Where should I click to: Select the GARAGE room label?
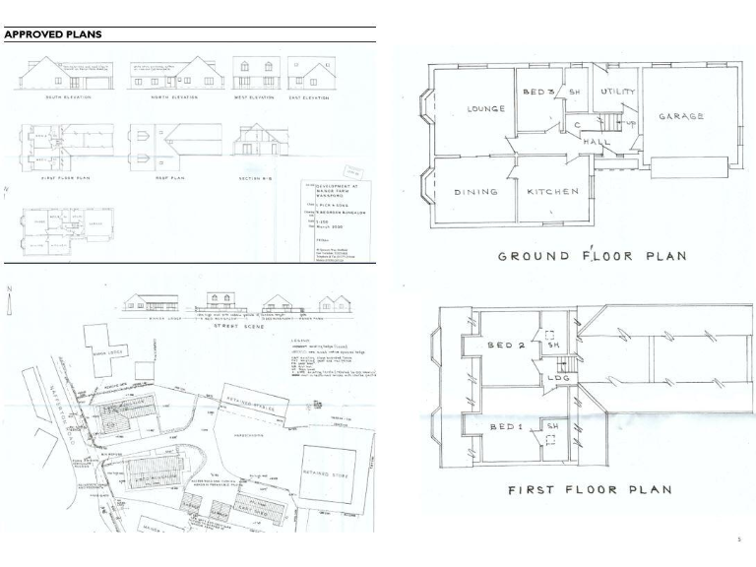pos(681,116)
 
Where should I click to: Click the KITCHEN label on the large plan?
pos(551,192)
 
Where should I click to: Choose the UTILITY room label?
pos(619,91)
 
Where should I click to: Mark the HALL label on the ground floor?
pos(597,143)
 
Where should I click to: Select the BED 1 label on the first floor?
pos(508,425)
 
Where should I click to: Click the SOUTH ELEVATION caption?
pos(62,97)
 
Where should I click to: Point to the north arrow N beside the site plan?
pos(9,289)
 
